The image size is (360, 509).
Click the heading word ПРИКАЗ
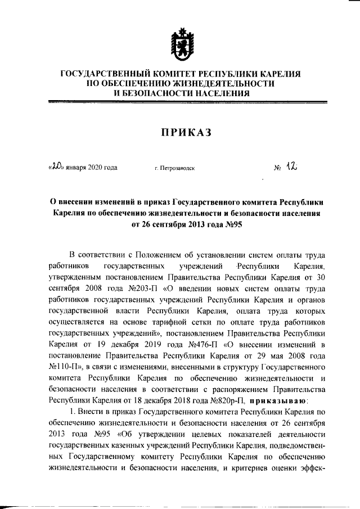[x=180, y=132]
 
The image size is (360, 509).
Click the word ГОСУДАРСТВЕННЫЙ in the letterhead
[x=100, y=74]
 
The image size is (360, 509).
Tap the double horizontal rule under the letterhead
[x=180, y=103]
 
